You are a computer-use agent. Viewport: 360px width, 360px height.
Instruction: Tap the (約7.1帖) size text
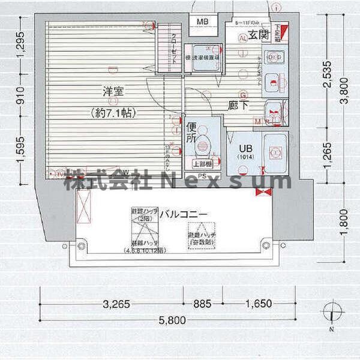pyautogui.click(x=112, y=111)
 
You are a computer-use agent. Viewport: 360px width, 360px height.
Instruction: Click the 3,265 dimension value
pyautogui.click(x=116, y=304)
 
